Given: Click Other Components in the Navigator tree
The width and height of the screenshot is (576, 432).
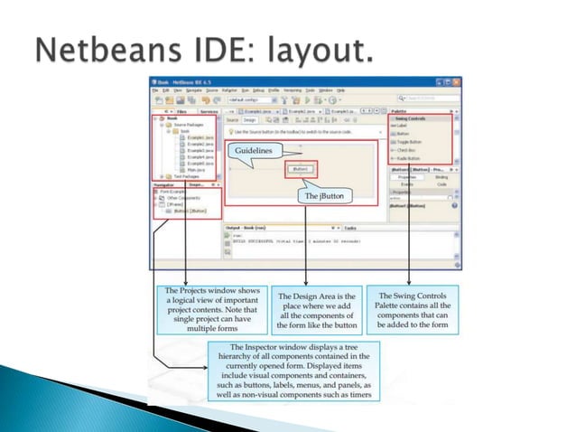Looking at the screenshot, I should (181, 197).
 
